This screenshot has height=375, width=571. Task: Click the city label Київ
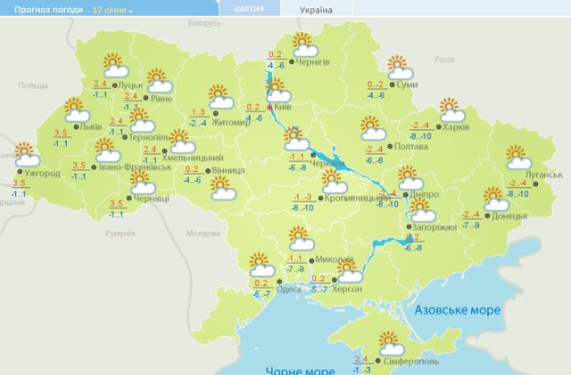(282, 108)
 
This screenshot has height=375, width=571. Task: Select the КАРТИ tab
(249, 9)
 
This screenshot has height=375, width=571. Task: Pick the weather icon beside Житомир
(219, 95)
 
